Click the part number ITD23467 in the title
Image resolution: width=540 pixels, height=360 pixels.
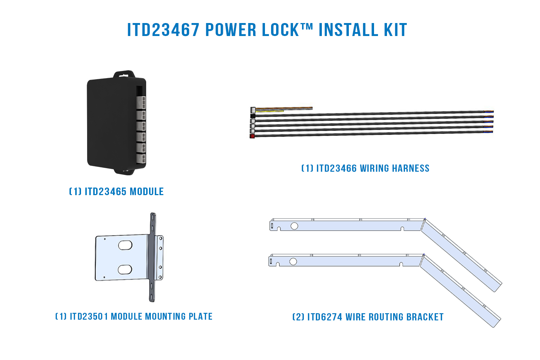(x=163, y=30)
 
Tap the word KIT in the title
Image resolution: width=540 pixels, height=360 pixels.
(x=395, y=30)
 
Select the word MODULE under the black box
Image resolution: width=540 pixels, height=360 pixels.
(x=147, y=192)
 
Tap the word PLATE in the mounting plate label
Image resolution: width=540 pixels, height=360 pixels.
(x=201, y=316)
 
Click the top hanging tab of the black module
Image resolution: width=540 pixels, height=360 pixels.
(x=124, y=74)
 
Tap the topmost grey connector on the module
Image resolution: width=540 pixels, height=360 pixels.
(x=141, y=103)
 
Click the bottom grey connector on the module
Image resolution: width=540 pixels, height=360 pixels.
(x=141, y=158)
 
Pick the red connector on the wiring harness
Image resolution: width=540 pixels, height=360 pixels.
(x=252, y=136)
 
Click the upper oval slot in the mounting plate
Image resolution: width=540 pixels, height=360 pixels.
(x=125, y=245)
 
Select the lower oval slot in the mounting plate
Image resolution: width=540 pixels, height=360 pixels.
(x=125, y=269)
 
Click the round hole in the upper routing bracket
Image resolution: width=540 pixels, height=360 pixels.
(x=294, y=226)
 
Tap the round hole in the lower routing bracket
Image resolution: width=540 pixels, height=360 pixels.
(x=293, y=261)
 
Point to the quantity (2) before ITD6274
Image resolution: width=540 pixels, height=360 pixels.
(x=298, y=317)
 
